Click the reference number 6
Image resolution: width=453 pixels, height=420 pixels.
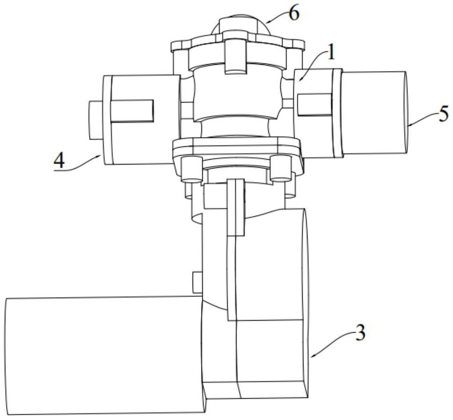[x=294, y=14]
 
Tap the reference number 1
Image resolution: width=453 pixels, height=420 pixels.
[x=331, y=53]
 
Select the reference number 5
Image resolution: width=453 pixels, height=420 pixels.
[x=444, y=114]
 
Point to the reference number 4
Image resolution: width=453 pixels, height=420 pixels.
[x=59, y=161]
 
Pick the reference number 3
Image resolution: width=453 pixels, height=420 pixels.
[x=360, y=333]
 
